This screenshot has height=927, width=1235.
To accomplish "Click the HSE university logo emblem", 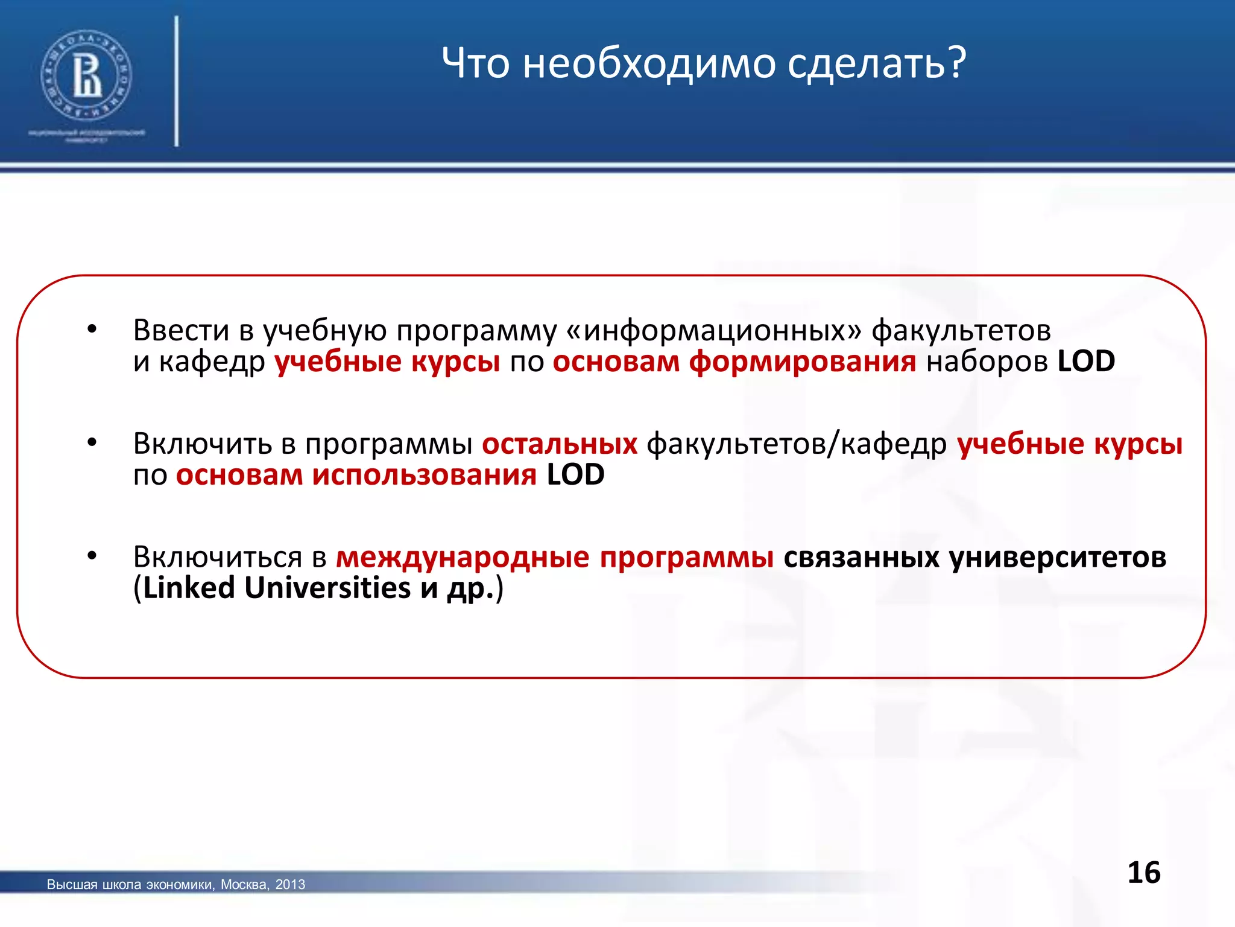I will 86,76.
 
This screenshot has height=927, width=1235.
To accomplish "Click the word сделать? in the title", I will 876,63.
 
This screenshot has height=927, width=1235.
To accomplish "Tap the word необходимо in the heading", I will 649,63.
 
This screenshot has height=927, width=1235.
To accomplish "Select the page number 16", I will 1143,873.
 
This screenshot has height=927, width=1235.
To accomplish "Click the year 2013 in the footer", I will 290,884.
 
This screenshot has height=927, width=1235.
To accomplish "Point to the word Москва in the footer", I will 244,884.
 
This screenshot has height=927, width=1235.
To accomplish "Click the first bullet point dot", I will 92,330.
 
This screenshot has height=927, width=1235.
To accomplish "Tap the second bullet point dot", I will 92,443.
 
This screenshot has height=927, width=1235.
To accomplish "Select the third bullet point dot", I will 92,556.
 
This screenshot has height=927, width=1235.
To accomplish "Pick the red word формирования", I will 802,362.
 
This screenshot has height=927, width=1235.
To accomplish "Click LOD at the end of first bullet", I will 1086,362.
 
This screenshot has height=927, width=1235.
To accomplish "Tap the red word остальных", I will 560,444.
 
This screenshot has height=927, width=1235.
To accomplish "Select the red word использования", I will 424,475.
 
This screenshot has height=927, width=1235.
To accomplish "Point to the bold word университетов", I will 1058,556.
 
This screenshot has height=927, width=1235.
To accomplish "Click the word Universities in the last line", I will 327,588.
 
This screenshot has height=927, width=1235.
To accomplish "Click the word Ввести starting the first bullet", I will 181,330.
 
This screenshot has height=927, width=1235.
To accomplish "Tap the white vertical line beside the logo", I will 177,81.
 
